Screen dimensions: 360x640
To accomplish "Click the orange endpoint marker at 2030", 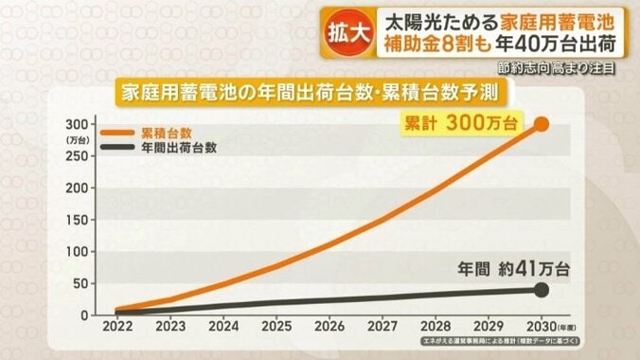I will (542, 124).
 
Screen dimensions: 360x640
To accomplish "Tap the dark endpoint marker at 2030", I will (542, 289).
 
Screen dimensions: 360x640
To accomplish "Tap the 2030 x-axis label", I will (540, 325).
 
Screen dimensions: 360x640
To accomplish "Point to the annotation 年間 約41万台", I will (511, 269).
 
